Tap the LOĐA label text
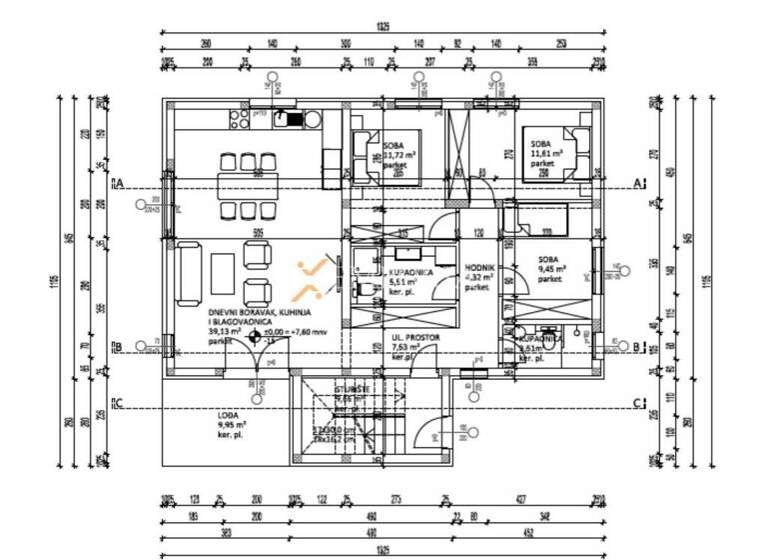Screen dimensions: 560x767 point(230,414)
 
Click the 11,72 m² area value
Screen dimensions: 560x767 point(399,156)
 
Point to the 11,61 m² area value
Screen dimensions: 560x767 point(547,154)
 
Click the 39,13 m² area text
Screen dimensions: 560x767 point(226,332)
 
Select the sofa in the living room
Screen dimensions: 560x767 point(187,273)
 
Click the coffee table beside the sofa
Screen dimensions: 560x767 point(223,273)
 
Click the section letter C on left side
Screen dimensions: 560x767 point(118,404)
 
